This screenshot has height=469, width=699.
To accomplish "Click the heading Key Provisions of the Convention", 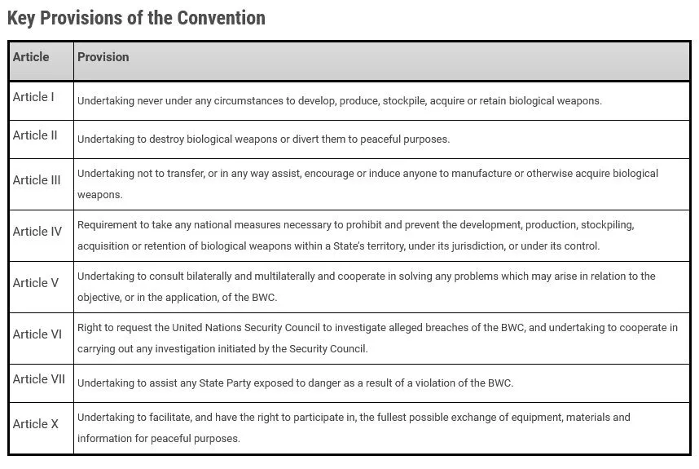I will (x=136, y=18).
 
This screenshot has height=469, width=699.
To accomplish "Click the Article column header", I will (x=31, y=57).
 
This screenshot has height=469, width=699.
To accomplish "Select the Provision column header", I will (x=103, y=57).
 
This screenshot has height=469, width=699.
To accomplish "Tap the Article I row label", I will (x=33, y=97).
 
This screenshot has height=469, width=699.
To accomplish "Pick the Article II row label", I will (x=35, y=135).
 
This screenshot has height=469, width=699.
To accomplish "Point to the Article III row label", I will (x=37, y=180).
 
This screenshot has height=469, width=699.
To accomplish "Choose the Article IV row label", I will (x=37, y=232).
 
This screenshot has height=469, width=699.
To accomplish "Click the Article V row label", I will (x=36, y=283).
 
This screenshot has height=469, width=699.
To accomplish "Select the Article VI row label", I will (x=37, y=334).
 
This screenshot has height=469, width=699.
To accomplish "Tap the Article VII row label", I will (x=39, y=379).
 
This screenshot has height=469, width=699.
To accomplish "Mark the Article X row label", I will (x=36, y=424).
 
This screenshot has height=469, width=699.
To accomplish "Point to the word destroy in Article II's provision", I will (x=167, y=139).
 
